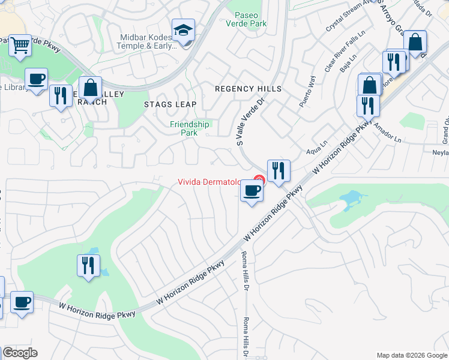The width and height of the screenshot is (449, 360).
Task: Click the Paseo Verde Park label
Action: click(246, 19)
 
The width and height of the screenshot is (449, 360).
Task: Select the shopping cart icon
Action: click(20, 45)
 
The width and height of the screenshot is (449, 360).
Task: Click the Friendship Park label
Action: click(190, 128)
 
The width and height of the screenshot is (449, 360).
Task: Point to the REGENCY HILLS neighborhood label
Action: click(249, 89)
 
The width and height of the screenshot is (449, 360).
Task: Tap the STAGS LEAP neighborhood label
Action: click(170, 104)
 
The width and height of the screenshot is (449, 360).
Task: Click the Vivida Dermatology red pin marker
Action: click(259, 179)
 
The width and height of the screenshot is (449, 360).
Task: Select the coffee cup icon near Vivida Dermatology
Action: click(252, 191)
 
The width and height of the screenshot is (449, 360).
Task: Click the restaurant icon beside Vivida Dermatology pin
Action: click(279, 170)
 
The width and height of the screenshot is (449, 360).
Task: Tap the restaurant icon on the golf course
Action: click(89, 265)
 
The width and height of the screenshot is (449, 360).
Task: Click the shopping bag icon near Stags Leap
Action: click(90, 88)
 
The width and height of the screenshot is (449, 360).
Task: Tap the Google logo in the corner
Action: click(19, 353)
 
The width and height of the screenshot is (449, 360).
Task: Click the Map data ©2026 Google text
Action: click(412, 355)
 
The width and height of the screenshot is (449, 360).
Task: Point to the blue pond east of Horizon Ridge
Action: click(352, 200)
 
